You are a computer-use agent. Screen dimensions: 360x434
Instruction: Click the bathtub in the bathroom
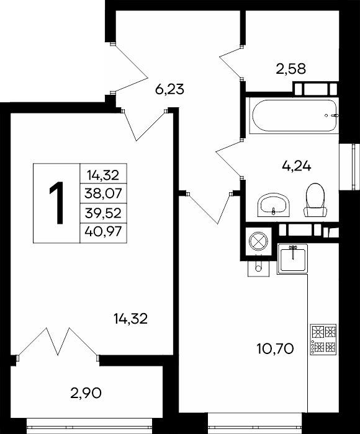(294, 115)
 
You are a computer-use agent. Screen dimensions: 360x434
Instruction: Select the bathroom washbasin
(274, 205)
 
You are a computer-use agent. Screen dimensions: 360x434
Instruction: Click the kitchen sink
(292, 259)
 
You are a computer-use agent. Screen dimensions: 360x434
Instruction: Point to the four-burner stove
(323, 339)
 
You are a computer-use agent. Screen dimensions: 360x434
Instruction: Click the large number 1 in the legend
(56, 203)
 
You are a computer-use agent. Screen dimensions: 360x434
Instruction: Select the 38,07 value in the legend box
(104, 193)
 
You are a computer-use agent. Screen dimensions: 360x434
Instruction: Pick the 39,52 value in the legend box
(104, 213)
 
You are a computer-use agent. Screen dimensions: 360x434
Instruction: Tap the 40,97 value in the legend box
(104, 231)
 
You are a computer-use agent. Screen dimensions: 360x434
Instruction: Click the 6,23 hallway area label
(169, 89)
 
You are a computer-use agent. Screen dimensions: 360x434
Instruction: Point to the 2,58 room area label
(291, 69)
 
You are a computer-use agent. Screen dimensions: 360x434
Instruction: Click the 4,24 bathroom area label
(297, 166)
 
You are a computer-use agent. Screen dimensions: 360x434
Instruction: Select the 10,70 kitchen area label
(275, 348)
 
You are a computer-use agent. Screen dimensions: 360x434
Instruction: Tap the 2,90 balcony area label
(86, 392)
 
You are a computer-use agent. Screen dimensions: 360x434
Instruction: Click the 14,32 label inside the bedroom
(130, 319)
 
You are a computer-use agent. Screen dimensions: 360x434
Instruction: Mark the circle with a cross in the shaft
(258, 241)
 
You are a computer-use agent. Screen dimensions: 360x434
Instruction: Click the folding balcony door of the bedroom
(58, 342)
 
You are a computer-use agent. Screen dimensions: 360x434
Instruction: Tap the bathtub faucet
(333, 115)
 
